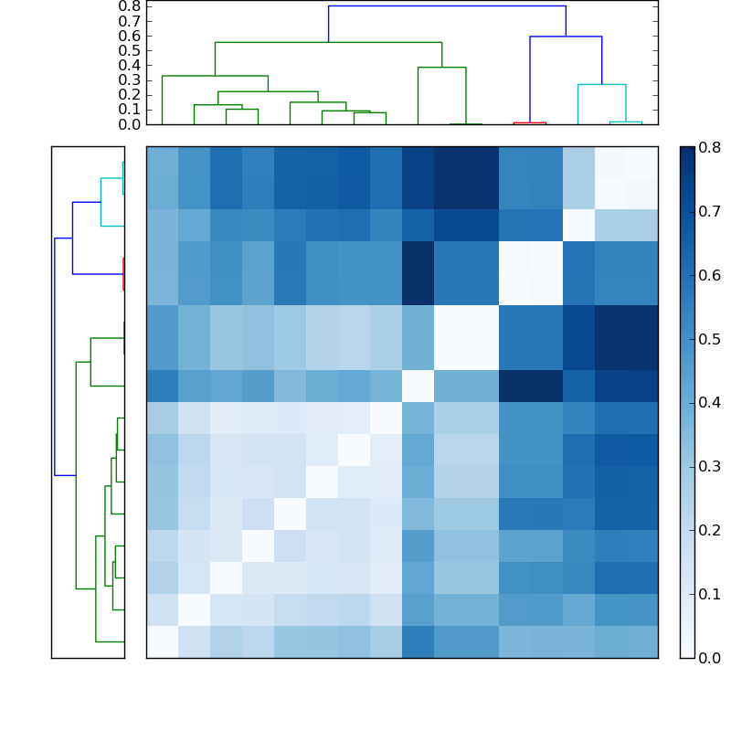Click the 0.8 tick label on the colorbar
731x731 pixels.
710,147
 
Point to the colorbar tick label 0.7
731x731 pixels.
710,211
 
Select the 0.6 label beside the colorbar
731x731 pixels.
710,275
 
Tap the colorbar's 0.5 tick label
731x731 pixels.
710,339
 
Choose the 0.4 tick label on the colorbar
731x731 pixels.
710,402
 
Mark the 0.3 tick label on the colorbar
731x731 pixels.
710,466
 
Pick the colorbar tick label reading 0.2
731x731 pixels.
710,530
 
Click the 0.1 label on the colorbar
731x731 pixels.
710,594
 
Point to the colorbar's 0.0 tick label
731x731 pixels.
710,657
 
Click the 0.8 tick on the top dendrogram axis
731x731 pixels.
130,6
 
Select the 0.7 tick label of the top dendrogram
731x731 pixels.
130,21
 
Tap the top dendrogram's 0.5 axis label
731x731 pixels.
130,50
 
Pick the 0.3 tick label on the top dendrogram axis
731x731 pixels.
130,79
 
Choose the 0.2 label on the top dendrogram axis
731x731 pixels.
130,94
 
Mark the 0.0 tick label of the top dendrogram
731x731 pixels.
130,124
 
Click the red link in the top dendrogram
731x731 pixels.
529,122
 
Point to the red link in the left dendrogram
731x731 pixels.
122,274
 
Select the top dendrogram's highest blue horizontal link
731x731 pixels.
447,6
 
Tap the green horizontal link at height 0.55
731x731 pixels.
328,42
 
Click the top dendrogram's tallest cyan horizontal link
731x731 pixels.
601,84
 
